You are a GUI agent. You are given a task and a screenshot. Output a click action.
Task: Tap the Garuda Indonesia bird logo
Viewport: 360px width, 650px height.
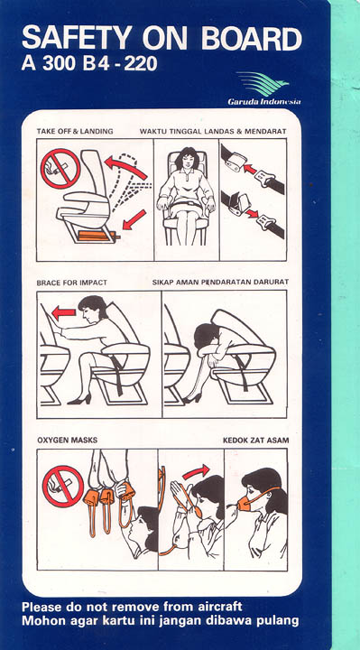pyautogui.click(x=263, y=83)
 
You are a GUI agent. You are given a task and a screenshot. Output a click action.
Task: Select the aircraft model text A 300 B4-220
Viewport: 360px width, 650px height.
pyautogui.click(x=89, y=64)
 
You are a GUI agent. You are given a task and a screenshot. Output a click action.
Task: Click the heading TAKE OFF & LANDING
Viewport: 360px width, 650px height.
pyautogui.click(x=75, y=132)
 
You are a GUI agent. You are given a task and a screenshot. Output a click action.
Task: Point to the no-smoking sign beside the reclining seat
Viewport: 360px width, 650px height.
pyautogui.click(x=60, y=169)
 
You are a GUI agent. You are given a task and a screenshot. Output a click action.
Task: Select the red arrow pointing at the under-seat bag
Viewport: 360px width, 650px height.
pyautogui.click(x=134, y=219)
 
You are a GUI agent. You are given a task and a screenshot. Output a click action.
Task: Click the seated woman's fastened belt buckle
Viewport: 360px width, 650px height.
pyautogui.click(x=187, y=203)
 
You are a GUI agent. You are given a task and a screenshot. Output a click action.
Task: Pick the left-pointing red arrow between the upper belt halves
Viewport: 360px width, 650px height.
pyautogui.click(x=250, y=169)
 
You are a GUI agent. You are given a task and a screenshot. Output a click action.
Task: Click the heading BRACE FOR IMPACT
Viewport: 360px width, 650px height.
pyautogui.click(x=71, y=283)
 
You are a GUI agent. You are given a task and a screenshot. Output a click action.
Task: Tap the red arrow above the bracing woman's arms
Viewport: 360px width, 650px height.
pyautogui.click(x=64, y=312)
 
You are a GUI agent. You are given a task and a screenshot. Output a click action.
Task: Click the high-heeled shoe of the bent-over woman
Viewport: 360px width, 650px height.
pyautogui.click(x=192, y=398)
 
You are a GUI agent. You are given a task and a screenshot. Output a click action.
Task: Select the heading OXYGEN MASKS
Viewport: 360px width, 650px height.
pyautogui.click(x=68, y=440)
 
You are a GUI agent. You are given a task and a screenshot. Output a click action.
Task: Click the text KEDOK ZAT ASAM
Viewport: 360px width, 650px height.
pyautogui.click(x=256, y=440)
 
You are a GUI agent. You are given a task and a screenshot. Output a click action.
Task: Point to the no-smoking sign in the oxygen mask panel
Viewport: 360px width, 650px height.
pyautogui.click(x=63, y=487)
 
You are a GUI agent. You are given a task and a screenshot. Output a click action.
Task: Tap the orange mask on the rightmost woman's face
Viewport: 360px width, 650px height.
pyautogui.click(x=244, y=503)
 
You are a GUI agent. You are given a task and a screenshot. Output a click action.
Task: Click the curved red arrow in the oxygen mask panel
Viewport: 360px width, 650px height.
pyautogui.click(x=196, y=472)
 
